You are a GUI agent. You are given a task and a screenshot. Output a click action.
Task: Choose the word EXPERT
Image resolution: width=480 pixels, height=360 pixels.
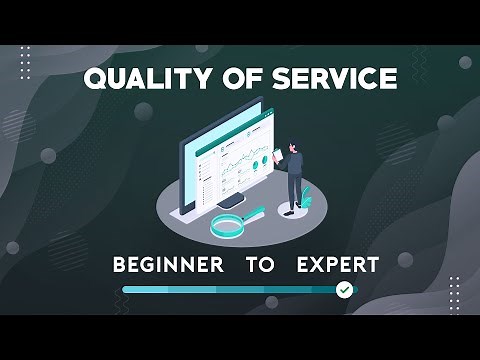337,265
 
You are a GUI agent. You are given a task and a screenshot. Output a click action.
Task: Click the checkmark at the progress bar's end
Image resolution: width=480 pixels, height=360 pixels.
345,289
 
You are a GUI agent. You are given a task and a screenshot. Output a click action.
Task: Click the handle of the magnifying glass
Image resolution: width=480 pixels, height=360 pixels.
254,211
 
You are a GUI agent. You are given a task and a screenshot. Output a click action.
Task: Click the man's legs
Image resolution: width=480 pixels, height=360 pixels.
295,190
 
